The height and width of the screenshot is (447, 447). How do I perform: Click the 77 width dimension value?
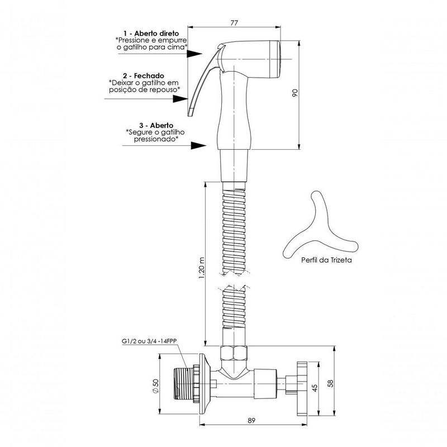(234, 22)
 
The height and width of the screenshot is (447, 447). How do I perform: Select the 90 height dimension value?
(295, 93)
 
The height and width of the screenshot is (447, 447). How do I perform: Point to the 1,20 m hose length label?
(202, 268)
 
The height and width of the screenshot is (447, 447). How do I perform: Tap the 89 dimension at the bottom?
(251, 420)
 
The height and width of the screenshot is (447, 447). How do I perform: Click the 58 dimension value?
(330, 383)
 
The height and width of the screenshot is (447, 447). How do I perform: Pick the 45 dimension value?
(315, 388)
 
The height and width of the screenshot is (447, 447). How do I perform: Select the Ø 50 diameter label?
(156, 386)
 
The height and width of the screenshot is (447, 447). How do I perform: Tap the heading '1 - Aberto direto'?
(151, 34)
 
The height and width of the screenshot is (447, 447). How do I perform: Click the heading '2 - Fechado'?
(144, 76)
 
